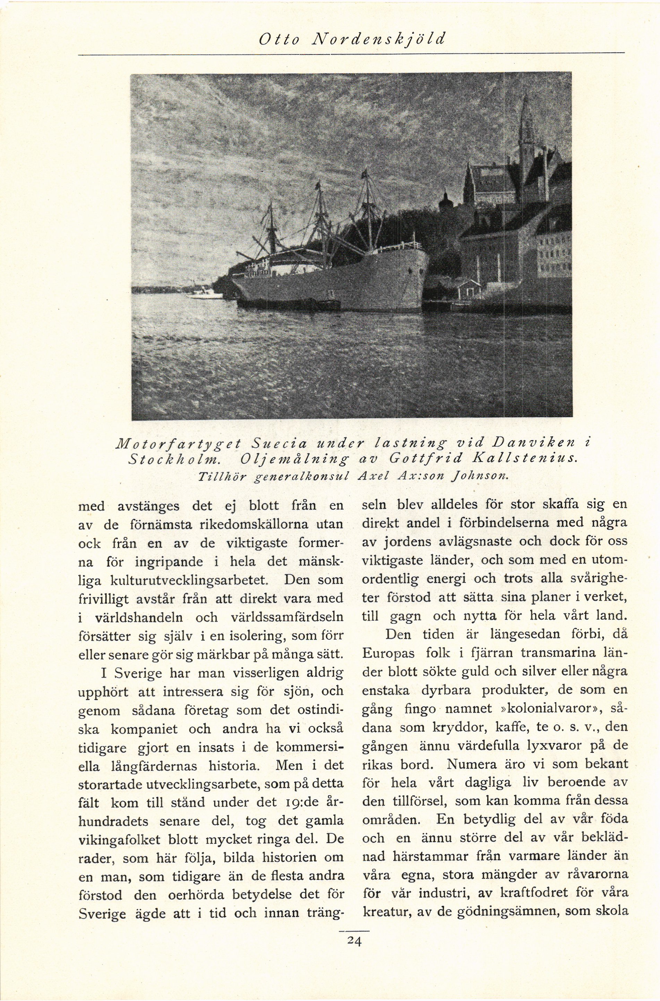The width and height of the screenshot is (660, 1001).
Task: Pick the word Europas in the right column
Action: [x=388, y=654]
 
